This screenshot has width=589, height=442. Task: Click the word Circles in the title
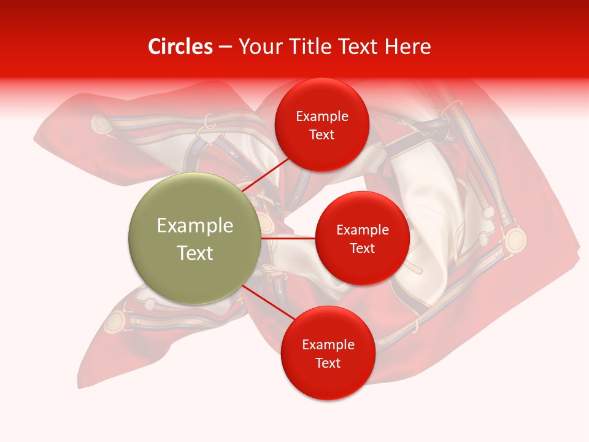(180, 47)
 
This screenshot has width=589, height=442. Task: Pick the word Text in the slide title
(362, 47)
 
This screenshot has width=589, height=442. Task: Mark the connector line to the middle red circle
(288, 238)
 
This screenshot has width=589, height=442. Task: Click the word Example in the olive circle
(194, 226)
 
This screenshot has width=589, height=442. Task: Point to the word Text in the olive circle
(194, 253)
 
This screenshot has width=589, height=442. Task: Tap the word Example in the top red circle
(321, 117)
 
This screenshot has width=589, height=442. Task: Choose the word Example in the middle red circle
(362, 230)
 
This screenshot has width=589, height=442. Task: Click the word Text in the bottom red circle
(328, 363)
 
